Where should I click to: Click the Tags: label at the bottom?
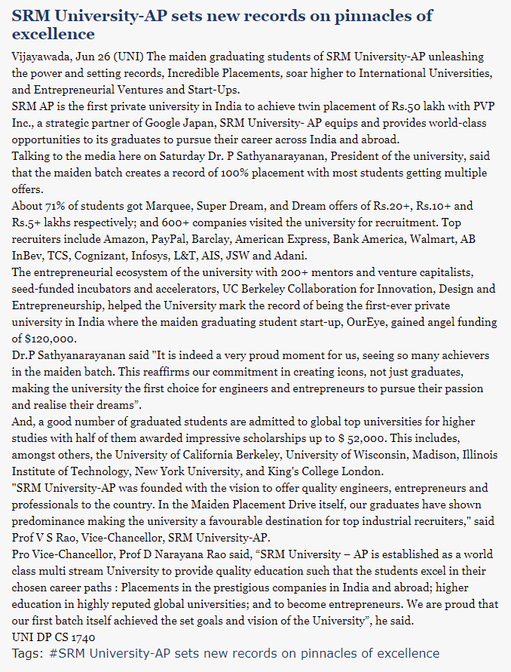coord(27,652)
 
